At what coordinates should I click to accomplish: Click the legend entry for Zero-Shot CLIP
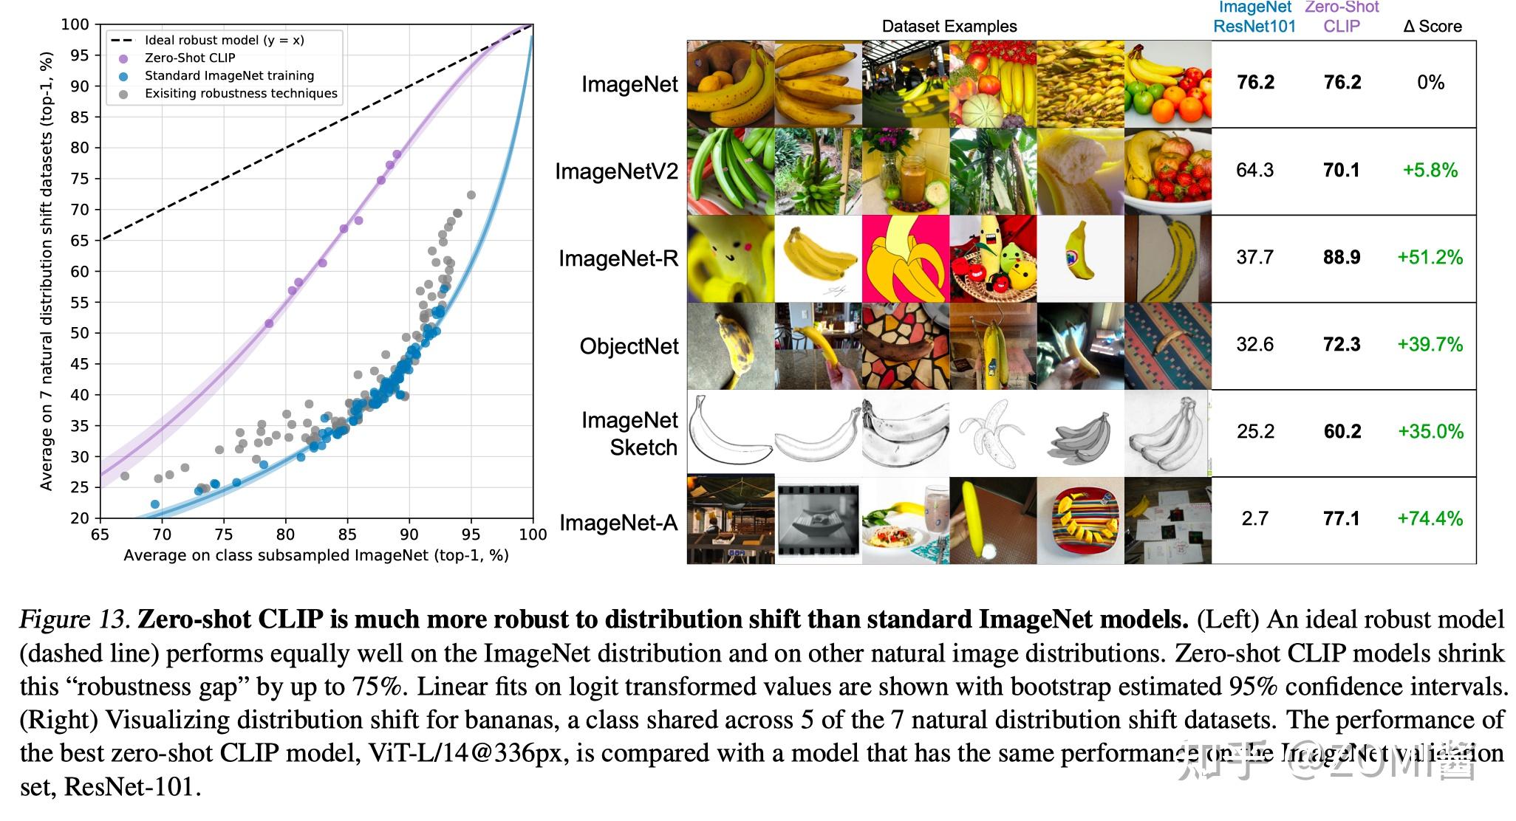190,58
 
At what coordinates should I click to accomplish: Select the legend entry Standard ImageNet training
229,75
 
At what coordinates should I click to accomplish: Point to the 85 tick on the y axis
79,117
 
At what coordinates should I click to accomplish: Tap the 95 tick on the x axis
471,535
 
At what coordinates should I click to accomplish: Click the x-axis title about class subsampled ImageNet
316,555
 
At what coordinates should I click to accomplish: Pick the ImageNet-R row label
618,258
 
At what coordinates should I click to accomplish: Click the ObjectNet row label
629,346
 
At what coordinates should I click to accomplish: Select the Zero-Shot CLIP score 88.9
1342,257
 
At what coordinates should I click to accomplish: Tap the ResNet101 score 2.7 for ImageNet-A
1254,518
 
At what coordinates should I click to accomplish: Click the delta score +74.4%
1430,518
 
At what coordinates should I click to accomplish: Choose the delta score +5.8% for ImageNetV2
1430,170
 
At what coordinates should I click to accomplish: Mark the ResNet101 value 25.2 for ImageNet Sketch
1254,431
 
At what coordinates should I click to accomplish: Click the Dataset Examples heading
949,27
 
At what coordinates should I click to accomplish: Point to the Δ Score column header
1432,27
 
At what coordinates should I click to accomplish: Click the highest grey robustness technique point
471,195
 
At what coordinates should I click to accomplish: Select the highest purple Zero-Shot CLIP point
397,154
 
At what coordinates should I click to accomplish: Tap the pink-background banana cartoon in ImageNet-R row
905,258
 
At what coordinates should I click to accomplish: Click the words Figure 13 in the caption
74,619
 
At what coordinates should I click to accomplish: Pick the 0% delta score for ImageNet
1430,83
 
